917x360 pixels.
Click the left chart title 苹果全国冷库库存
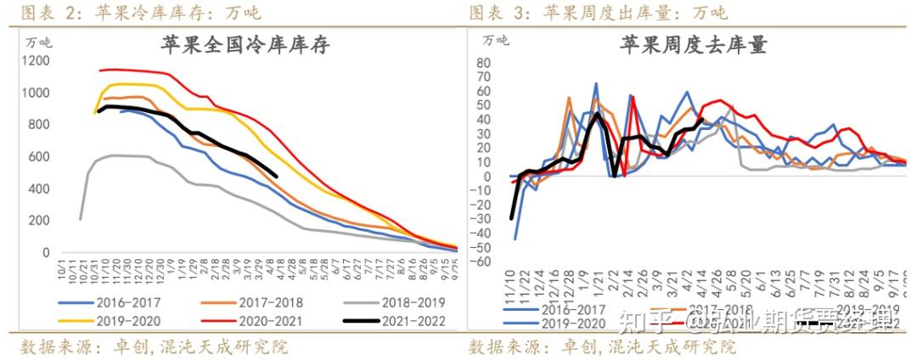(x=245, y=46)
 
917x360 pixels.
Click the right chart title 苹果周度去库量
(x=693, y=45)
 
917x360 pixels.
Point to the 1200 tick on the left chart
(x=37, y=61)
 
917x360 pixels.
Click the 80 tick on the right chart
(x=485, y=63)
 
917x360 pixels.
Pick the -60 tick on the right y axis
(x=481, y=262)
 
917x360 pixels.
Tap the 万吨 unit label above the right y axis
(x=496, y=39)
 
